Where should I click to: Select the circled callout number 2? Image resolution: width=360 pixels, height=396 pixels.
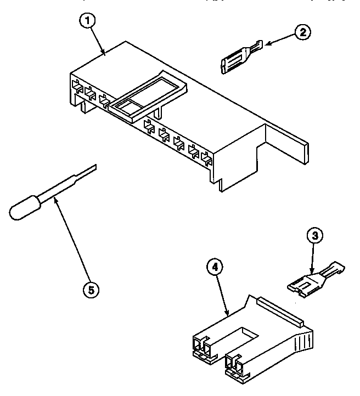click(301, 32)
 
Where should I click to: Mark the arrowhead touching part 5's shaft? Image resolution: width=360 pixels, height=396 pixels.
click(55, 202)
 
